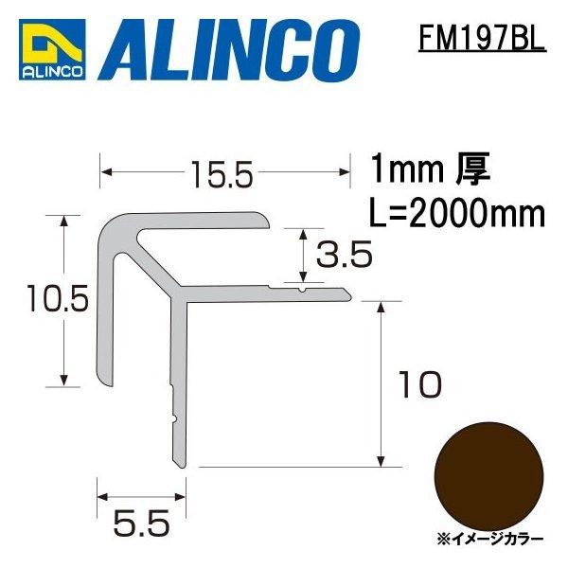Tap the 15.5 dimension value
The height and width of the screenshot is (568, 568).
click(222, 174)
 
